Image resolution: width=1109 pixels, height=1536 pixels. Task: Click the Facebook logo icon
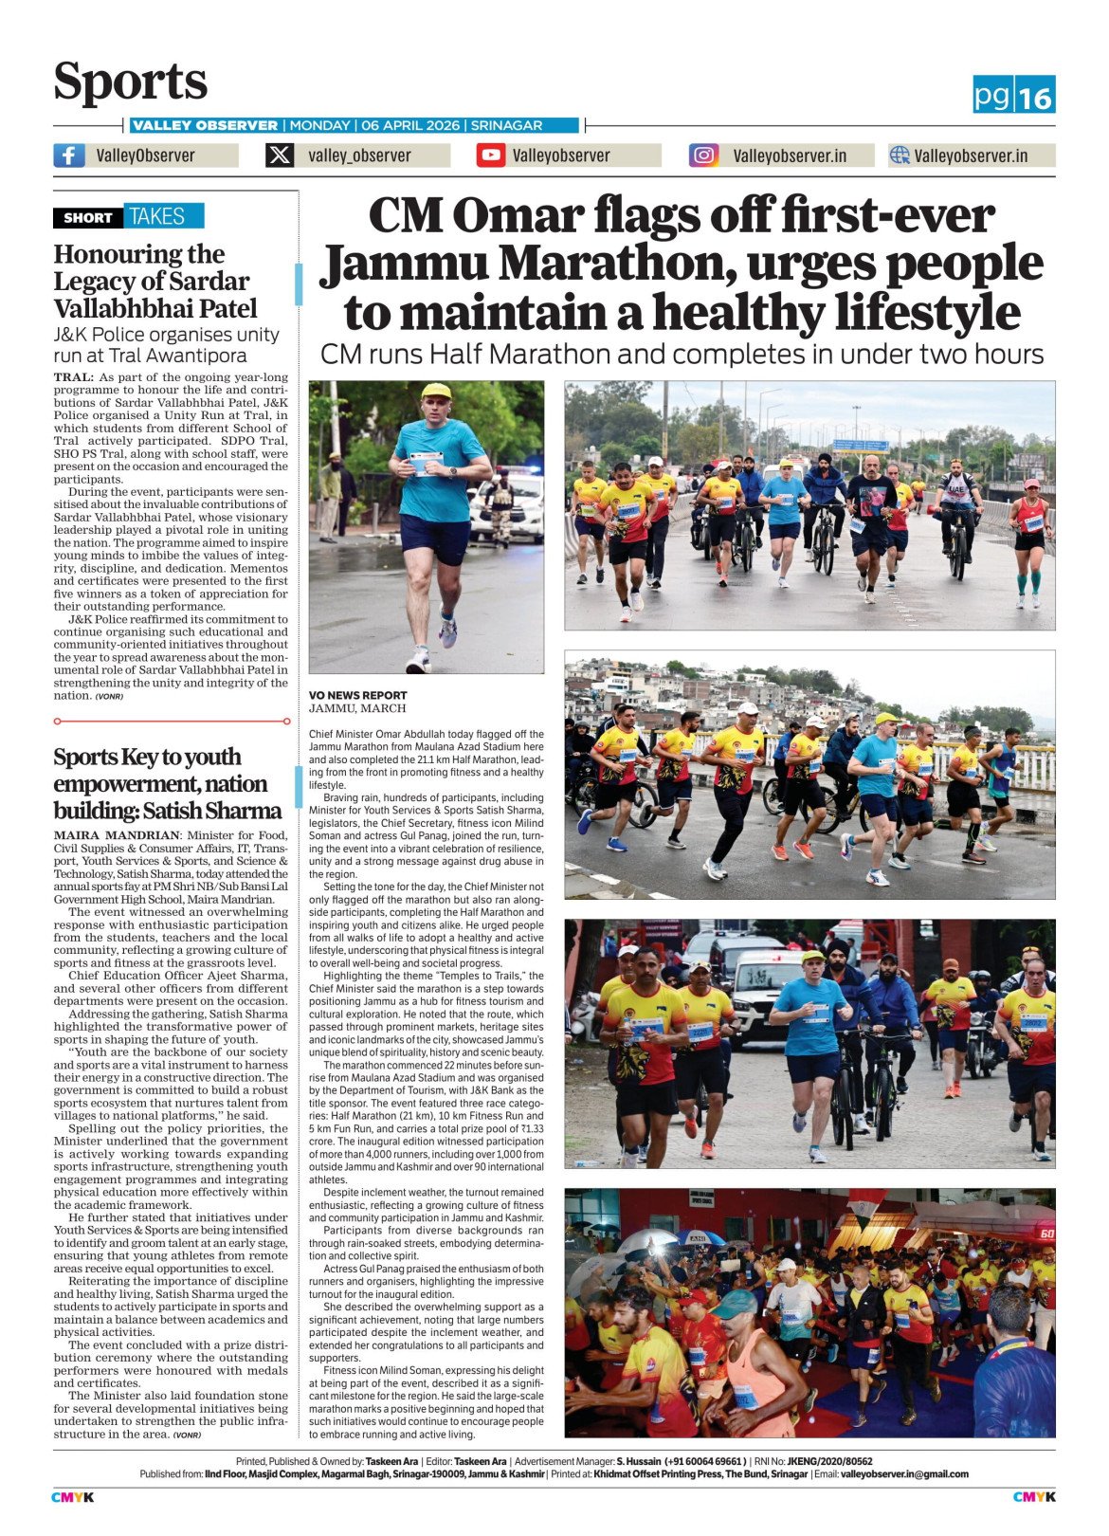(69, 155)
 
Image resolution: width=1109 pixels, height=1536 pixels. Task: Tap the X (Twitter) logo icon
(280, 155)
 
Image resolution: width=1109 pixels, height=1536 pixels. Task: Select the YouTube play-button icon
(490, 155)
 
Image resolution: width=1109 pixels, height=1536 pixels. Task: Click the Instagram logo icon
(703, 155)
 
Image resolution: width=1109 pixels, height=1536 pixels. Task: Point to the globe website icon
(900, 155)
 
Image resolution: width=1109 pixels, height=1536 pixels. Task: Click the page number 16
(1036, 97)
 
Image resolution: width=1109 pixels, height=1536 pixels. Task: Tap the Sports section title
(130, 82)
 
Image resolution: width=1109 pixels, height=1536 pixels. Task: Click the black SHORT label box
(88, 217)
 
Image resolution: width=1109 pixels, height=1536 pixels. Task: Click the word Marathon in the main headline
(616, 265)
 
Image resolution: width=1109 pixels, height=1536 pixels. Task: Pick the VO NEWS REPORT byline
(357, 695)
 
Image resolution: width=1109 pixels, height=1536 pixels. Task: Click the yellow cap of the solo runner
(435, 390)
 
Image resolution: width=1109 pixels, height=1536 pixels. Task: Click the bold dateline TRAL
(73, 377)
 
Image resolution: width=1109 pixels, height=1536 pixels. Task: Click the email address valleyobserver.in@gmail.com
(904, 1474)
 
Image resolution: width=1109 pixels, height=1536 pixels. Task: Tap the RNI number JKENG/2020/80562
(829, 1461)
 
